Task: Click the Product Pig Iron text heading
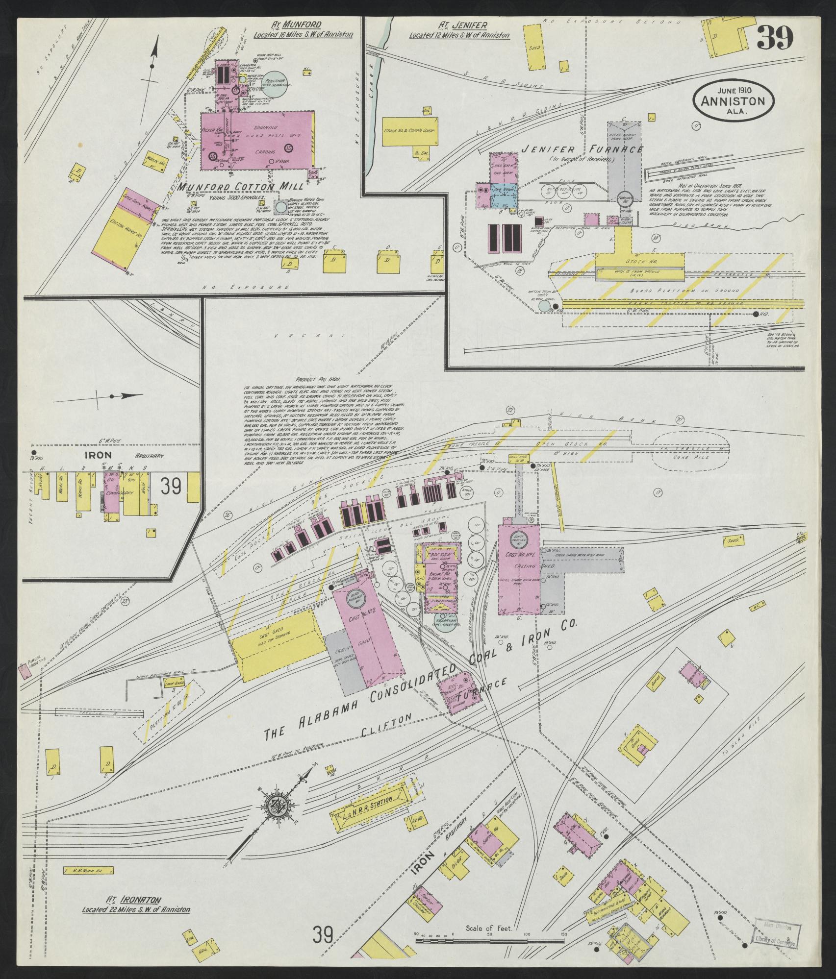pyautogui.click(x=314, y=379)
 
